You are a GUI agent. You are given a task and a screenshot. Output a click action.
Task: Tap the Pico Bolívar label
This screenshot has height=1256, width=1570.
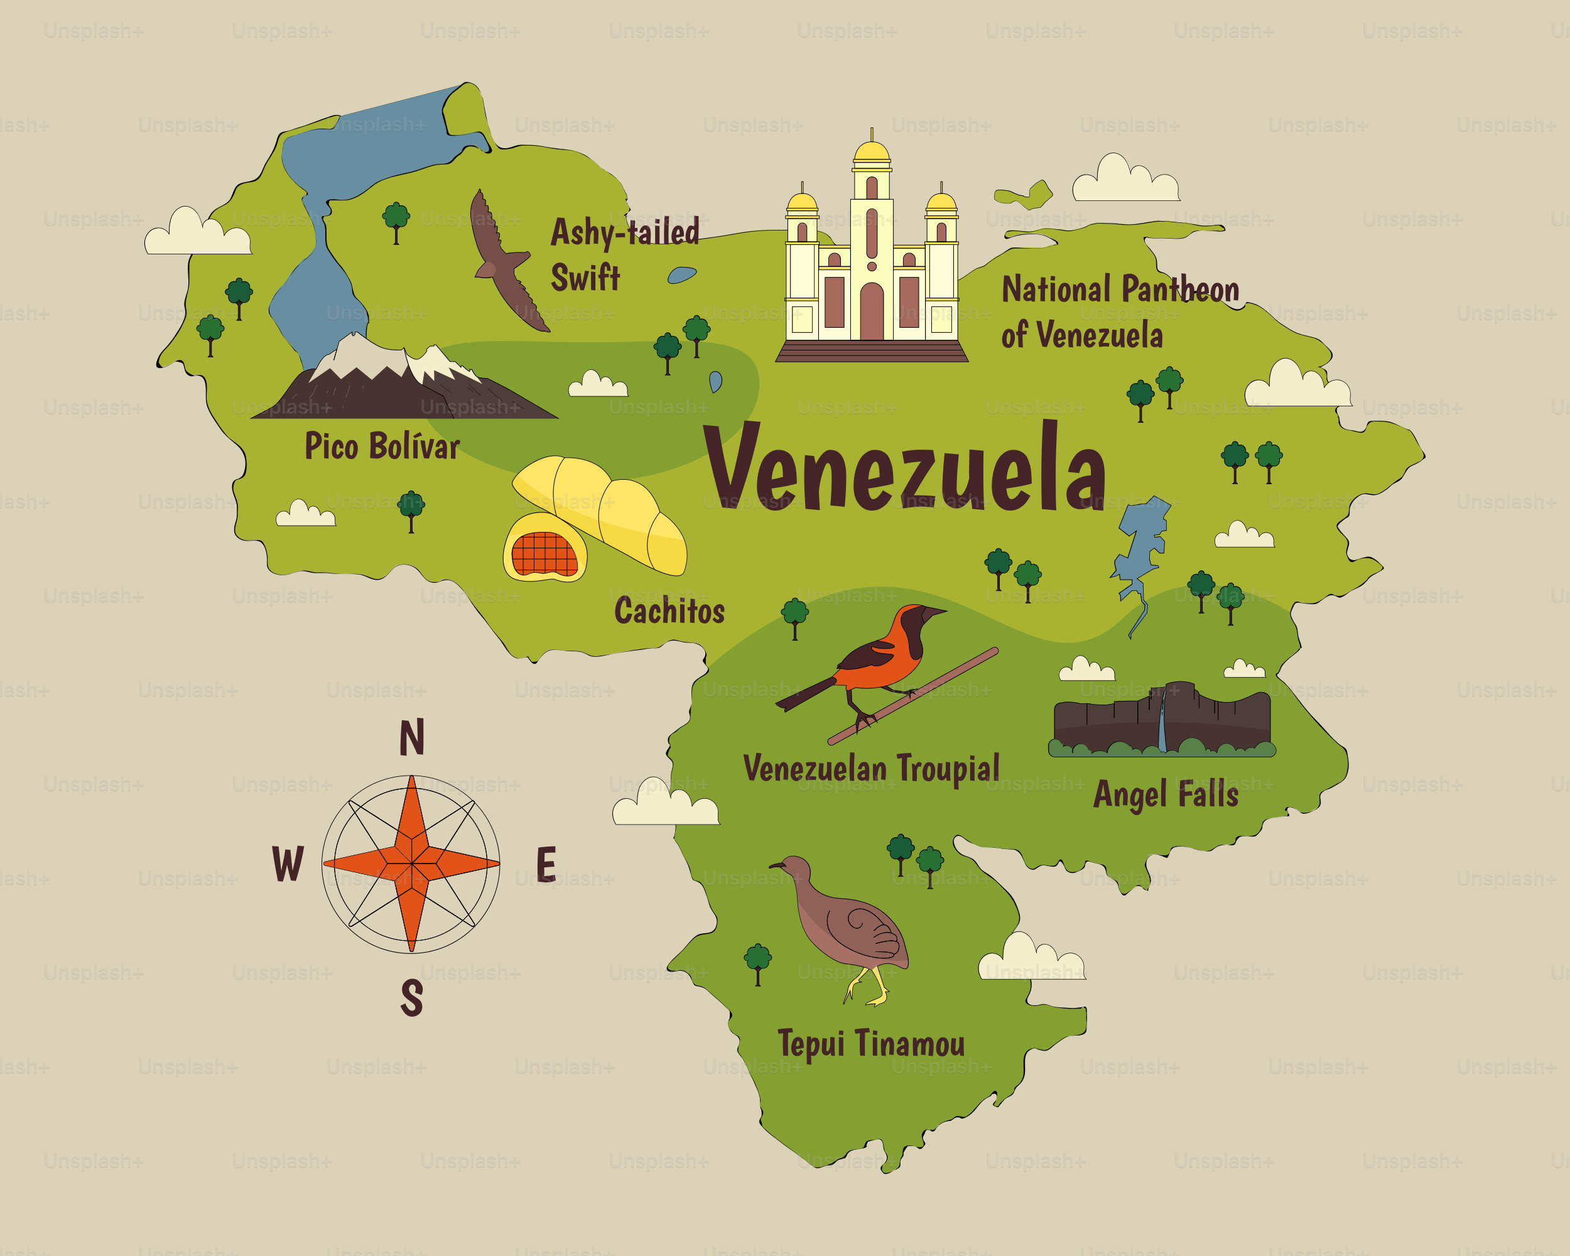click(x=382, y=447)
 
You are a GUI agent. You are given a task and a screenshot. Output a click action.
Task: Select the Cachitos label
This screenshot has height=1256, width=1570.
click(x=669, y=611)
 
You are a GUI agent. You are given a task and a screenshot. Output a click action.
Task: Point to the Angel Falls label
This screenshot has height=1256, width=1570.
click(x=1165, y=794)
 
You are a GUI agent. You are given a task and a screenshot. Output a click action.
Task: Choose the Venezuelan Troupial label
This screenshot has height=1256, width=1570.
click(x=871, y=769)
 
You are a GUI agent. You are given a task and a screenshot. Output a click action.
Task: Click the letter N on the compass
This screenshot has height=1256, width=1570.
click(x=411, y=737)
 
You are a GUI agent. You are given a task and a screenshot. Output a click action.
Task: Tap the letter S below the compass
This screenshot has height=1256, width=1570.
click(x=411, y=997)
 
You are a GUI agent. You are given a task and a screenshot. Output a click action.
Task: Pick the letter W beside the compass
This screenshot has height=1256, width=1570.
click(x=288, y=864)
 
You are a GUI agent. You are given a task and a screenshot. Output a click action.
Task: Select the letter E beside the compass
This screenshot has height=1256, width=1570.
click(x=546, y=864)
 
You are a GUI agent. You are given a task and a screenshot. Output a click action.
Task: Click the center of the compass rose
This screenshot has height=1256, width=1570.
click(x=411, y=864)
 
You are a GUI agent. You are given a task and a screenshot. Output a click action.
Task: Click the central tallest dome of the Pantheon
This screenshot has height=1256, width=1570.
click(x=872, y=151)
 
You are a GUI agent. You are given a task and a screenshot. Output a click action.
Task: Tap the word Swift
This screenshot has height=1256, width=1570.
click(x=585, y=278)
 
